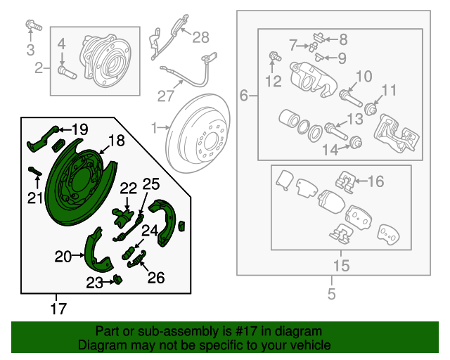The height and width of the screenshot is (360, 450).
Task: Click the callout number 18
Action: [116, 141]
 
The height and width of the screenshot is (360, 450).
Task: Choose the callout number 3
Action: [30, 49]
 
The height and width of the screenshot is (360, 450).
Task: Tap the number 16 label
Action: [376, 181]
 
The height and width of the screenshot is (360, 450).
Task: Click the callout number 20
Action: [63, 257]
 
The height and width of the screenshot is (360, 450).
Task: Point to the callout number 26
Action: [155, 278]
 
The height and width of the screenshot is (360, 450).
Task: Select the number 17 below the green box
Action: [59, 308]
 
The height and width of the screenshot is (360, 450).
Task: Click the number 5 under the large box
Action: [332, 293]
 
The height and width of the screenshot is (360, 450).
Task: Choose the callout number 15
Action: [341, 266]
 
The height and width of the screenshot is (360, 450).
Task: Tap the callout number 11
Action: [389, 90]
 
